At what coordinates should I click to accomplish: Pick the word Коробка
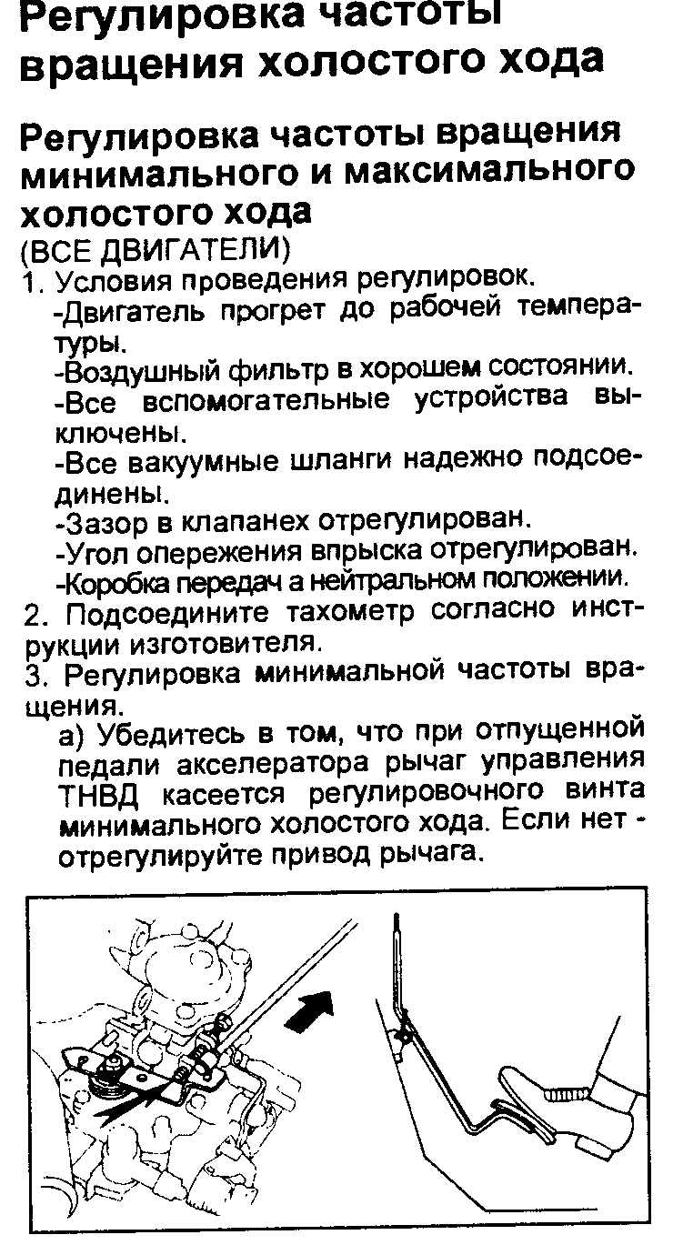tap(113, 578)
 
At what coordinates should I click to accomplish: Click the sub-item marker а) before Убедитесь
tap(72, 732)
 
